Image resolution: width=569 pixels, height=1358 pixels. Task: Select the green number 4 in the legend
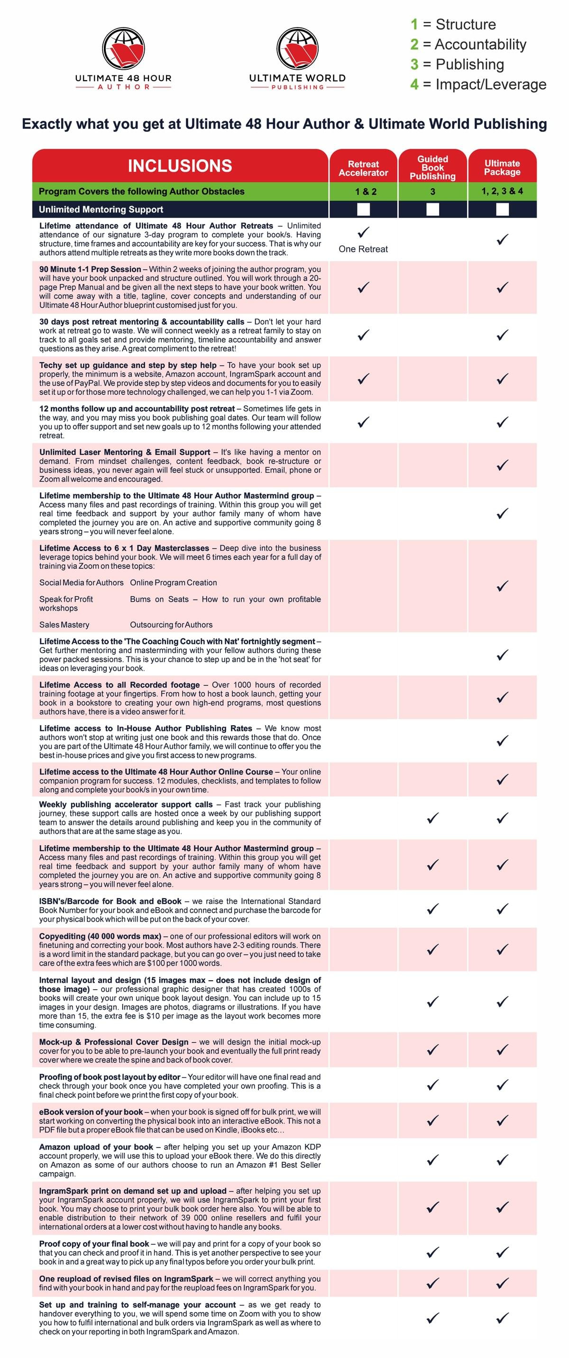pyautogui.click(x=414, y=84)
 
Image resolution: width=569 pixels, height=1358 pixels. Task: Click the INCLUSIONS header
pyautogui.click(x=180, y=166)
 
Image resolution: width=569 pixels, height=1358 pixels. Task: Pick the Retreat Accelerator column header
pyautogui.click(x=363, y=168)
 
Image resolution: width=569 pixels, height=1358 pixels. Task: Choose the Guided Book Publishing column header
pyautogui.click(x=432, y=168)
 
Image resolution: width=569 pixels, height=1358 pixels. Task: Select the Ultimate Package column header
pyautogui.click(x=502, y=168)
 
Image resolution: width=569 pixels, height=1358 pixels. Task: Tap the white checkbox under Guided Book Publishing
pyautogui.click(x=432, y=210)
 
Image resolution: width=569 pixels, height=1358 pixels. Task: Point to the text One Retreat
pyautogui.click(x=363, y=249)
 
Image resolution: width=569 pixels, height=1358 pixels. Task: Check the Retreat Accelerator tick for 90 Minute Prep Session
pyautogui.click(x=363, y=287)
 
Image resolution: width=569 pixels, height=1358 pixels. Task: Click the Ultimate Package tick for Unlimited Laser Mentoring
pyautogui.click(x=503, y=465)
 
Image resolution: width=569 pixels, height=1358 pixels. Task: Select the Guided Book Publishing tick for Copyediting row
pyautogui.click(x=432, y=949)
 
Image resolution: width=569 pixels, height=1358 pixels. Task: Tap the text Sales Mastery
pyautogui.click(x=64, y=625)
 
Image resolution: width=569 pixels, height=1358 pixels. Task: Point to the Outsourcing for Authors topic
pyautogui.click(x=171, y=625)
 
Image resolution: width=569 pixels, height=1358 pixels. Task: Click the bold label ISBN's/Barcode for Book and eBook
pyautogui.click(x=110, y=901)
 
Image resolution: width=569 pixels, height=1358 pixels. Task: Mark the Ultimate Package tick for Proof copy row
pyautogui.click(x=503, y=1252)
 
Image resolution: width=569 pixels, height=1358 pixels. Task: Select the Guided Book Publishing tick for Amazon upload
pyautogui.click(x=432, y=1160)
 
